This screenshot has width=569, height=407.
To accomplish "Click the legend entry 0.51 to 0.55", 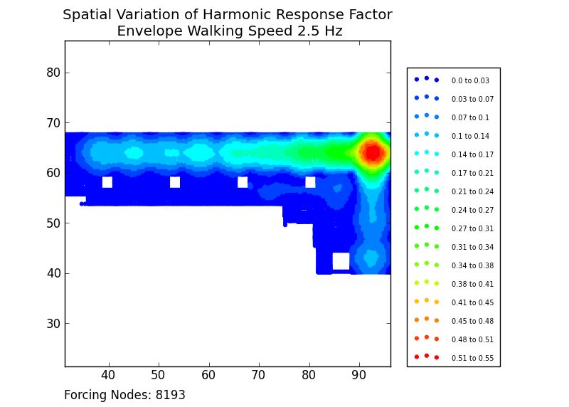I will tap(472, 358).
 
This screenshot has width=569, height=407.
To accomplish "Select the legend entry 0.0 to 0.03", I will tap(470, 80).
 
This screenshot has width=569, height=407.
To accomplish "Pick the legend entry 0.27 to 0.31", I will tap(472, 228).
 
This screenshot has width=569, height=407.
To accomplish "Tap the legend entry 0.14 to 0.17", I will tap(472, 154).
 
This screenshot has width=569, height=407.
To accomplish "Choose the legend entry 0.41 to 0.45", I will tap(472, 302).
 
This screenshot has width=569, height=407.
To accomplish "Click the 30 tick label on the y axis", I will tap(53, 323).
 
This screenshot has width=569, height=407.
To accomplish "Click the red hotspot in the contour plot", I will tap(372, 153).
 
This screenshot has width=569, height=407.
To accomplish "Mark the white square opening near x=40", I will tap(107, 182).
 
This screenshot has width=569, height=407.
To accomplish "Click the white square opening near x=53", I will tap(175, 182).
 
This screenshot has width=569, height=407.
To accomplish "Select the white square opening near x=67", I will tap(243, 182).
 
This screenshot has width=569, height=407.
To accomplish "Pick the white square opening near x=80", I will tap(310, 182).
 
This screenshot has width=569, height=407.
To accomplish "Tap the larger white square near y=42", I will tap(341, 261).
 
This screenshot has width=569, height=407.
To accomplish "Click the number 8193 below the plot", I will tap(170, 395).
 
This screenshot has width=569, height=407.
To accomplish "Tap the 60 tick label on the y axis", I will tap(53, 173).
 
